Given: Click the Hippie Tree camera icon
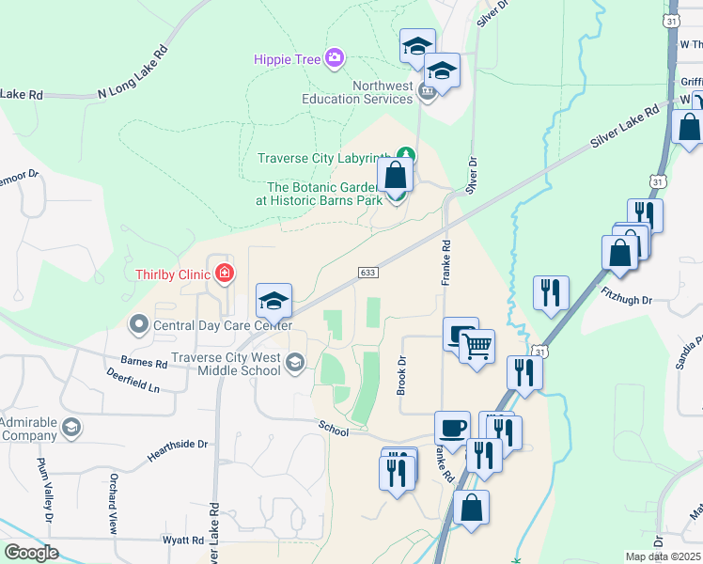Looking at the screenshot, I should (x=335, y=59).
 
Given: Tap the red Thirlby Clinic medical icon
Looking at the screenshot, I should (x=225, y=274).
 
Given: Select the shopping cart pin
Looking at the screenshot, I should (x=476, y=348).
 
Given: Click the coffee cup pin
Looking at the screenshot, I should (x=452, y=428).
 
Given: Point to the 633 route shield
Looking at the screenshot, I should (x=368, y=272).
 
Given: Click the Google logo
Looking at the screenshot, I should (x=32, y=553).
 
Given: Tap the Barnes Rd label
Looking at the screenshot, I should (x=143, y=360).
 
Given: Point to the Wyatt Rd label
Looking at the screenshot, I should (x=184, y=540).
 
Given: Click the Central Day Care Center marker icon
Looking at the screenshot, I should (x=139, y=325).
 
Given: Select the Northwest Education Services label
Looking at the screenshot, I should (x=357, y=92).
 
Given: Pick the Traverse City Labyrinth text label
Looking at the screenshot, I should (x=325, y=158).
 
